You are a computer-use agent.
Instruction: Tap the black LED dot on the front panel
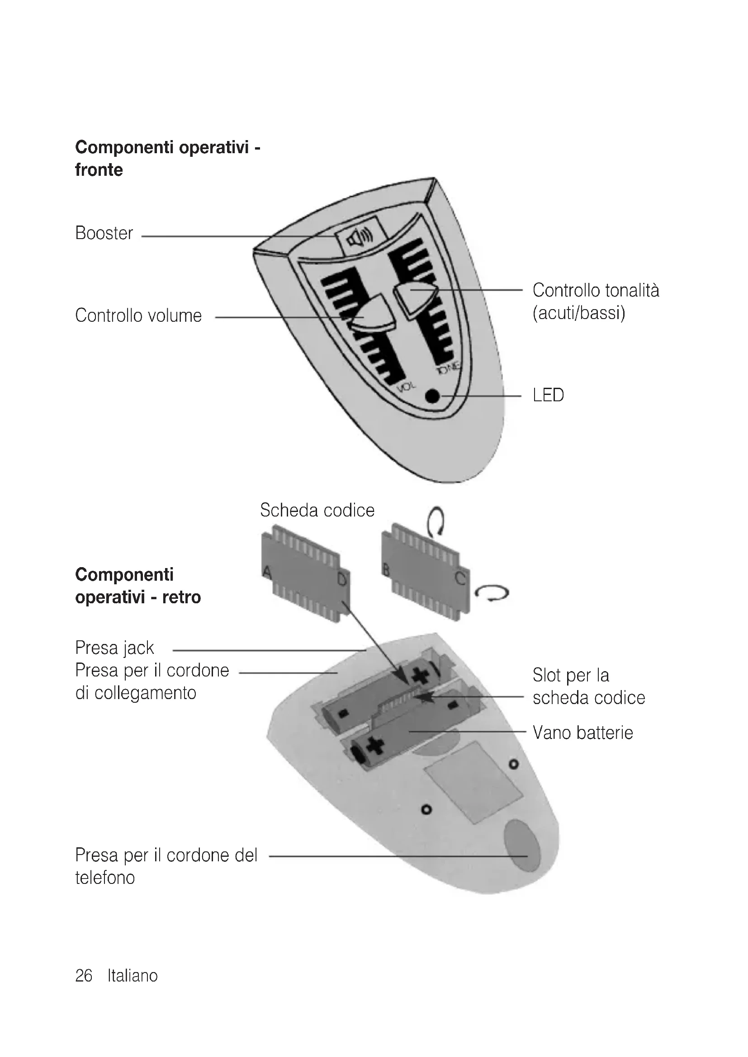click(432, 396)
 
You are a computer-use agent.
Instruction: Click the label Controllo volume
click(138, 316)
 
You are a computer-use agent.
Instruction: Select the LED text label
click(548, 395)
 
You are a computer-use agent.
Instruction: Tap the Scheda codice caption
click(317, 510)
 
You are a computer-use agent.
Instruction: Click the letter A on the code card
click(267, 573)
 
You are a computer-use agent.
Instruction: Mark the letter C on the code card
click(460, 578)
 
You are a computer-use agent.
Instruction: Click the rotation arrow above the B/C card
click(435, 521)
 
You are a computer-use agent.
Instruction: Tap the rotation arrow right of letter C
click(492, 593)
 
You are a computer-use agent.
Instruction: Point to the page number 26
click(84, 975)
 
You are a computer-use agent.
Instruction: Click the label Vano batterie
click(582, 733)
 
